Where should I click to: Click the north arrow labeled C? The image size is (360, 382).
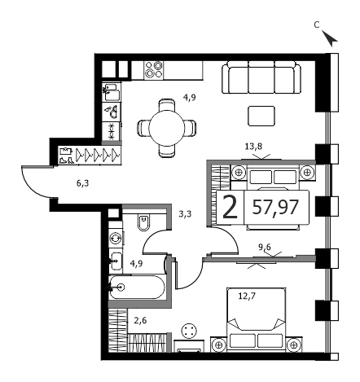[331, 38]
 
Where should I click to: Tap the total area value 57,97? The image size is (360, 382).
[275, 208]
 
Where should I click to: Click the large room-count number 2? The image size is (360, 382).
[230, 208]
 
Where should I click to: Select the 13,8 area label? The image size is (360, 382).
[253, 147]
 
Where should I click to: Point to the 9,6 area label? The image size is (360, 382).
[265, 247]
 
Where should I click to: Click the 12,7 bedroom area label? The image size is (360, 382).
[247, 295]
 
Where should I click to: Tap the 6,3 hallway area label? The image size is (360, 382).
[82, 183]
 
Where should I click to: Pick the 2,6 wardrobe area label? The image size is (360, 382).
[140, 321]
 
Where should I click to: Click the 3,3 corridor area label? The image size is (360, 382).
[185, 214]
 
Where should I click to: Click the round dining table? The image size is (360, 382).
[166, 128]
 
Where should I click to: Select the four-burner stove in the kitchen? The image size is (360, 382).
[154, 69]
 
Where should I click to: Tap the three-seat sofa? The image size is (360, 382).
[261, 77]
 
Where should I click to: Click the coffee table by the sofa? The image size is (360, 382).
[261, 116]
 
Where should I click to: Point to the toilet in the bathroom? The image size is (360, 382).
[144, 222]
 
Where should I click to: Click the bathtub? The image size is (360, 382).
[137, 287]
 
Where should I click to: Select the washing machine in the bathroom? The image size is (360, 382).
[116, 238]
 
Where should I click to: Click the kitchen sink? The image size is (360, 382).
[112, 91]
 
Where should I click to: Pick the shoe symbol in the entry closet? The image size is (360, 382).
[66, 160]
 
